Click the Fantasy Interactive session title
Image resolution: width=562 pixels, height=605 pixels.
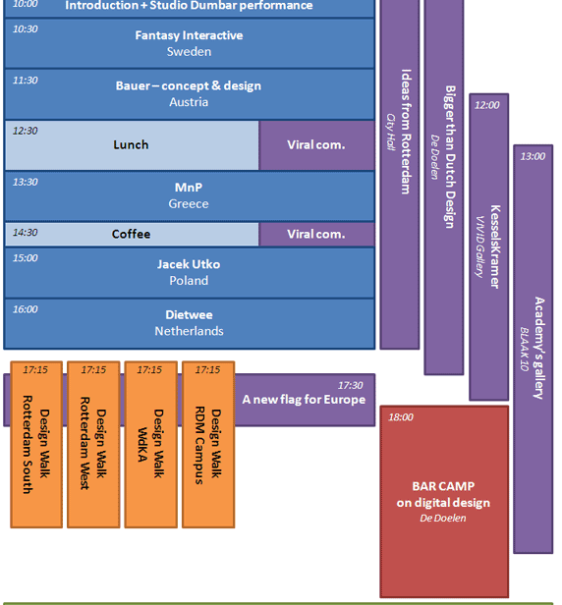189,35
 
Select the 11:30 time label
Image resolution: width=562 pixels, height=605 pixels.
26,81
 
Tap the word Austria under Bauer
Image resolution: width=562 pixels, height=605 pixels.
189,102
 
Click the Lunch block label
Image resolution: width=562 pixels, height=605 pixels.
131,144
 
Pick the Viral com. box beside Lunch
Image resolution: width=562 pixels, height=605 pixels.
316,145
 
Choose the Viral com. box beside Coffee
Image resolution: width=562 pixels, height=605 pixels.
316,234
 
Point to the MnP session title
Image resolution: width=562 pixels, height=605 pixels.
189,188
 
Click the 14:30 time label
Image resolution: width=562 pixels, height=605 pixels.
26,233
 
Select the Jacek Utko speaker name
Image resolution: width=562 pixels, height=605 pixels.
189,264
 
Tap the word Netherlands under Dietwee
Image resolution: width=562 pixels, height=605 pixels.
189,331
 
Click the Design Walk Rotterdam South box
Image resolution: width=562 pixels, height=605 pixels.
36,445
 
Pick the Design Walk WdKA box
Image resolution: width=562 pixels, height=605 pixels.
151,445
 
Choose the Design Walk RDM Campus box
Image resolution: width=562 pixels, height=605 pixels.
208,445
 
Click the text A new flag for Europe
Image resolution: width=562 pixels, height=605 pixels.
304,400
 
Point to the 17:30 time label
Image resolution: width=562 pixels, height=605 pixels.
351,385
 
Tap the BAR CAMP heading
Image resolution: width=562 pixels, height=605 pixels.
443,486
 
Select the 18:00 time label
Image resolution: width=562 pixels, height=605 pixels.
401,417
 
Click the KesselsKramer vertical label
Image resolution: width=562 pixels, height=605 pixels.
495,247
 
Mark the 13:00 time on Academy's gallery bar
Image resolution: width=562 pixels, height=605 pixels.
533,157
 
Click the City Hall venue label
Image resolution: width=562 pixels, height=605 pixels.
391,132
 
